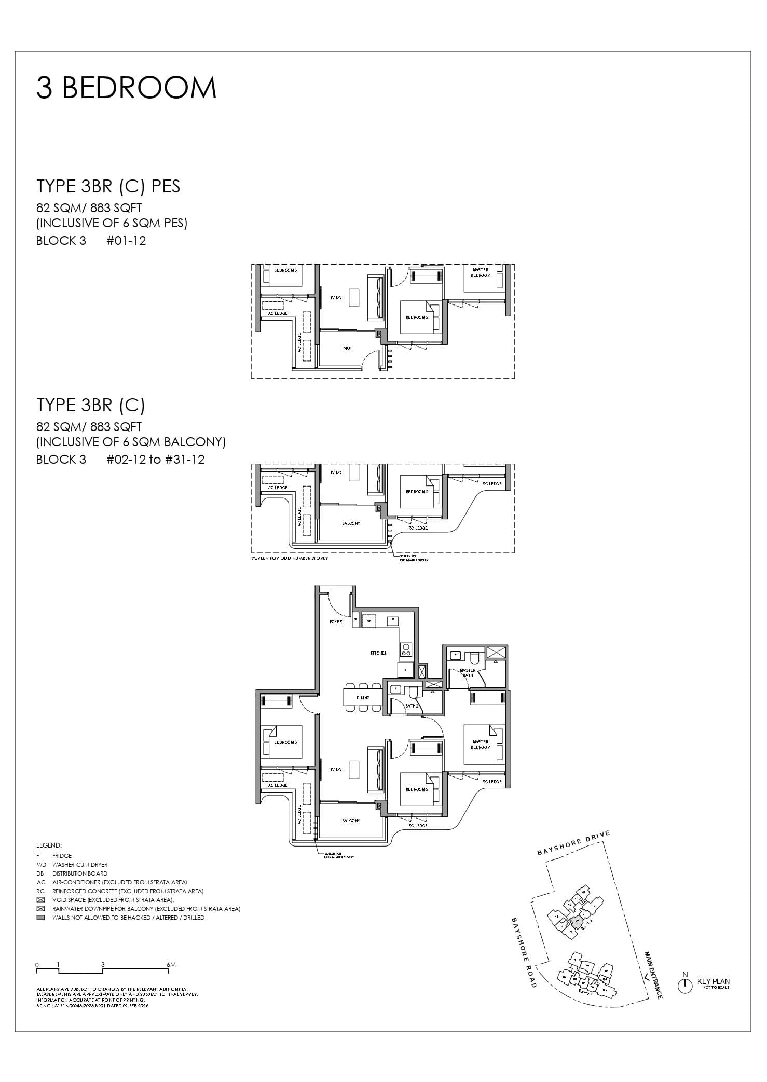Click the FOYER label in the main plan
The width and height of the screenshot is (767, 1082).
tap(336, 621)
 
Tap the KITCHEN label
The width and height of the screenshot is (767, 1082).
tap(379, 653)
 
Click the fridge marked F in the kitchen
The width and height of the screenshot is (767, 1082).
tap(405, 670)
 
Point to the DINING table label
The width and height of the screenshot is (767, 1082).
tap(363, 698)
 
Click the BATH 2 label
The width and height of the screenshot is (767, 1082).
tap(412, 706)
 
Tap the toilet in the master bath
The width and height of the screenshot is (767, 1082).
tap(475, 658)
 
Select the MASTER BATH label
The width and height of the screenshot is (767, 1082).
tap(468, 673)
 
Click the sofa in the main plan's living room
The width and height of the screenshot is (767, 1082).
tap(378, 770)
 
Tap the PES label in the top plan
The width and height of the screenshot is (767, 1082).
tap(347, 349)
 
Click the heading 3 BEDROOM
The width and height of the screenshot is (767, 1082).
tap(126, 88)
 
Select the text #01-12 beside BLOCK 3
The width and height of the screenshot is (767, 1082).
tap(126, 241)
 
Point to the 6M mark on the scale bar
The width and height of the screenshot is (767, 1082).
tap(172, 965)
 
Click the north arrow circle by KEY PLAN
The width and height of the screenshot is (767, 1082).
tap(685, 986)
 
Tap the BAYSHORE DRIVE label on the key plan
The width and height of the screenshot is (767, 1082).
tap(573, 843)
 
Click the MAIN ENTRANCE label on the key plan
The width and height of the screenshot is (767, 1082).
tap(653, 975)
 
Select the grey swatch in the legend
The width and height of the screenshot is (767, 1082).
tap(41, 918)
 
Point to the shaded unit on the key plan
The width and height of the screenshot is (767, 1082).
tap(576, 922)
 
